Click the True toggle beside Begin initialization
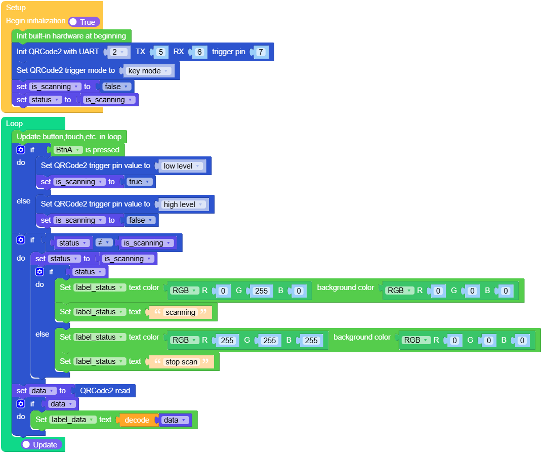[x=84, y=22]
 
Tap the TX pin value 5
[x=160, y=52]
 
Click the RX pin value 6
[x=199, y=52]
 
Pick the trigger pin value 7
[x=260, y=52]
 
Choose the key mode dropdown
[x=149, y=71]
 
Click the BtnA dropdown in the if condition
[x=68, y=150]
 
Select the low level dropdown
[x=182, y=166]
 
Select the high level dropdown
[x=184, y=204]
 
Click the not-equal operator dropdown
[x=103, y=243]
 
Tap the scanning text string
[x=180, y=312]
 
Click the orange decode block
[x=137, y=420]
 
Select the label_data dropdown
[x=73, y=420]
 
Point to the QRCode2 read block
[x=105, y=391]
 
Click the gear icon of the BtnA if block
[x=21, y=150]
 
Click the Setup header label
[x=16, y=8]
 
